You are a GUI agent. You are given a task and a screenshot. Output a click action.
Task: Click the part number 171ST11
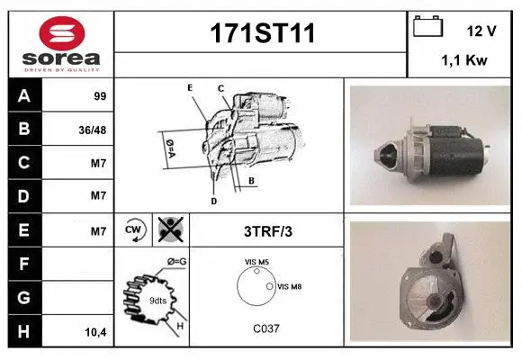(261, 34)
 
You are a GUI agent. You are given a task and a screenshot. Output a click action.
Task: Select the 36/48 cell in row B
(94, 130)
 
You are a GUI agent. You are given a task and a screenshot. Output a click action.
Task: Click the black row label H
(24, 332)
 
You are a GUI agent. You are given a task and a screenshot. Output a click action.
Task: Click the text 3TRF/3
(268, 231)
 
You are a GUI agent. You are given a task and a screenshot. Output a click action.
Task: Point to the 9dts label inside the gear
(157, 300)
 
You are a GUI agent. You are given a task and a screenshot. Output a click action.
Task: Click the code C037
(266, 328)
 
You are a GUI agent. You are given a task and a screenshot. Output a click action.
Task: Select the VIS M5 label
(257, 262)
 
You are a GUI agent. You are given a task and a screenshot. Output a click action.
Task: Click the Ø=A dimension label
(168, 147)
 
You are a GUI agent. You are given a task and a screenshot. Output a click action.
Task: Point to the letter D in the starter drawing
(214, 201)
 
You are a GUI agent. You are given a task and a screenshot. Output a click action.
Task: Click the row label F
(24, 265)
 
